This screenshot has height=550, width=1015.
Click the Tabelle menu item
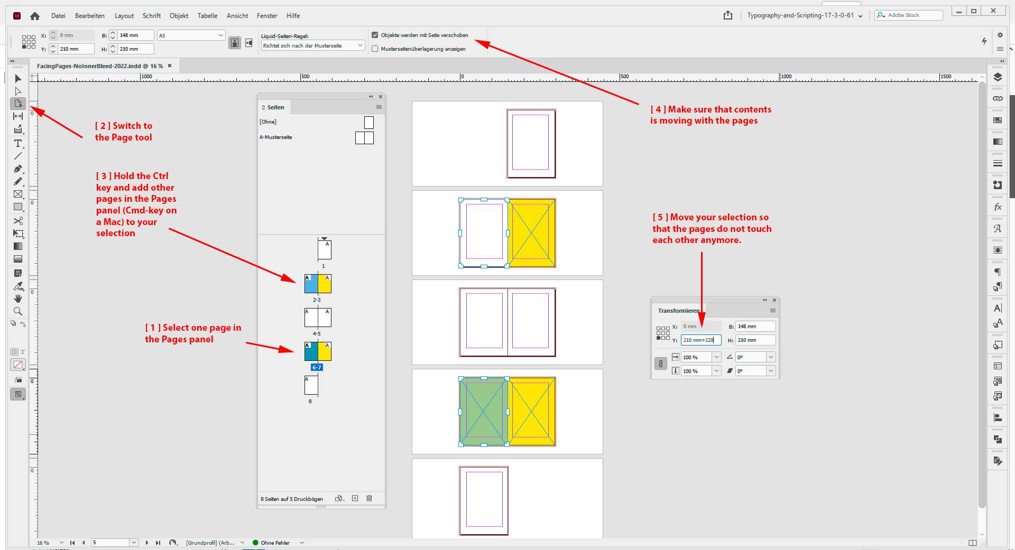pyautogui.click(x=207, y=16)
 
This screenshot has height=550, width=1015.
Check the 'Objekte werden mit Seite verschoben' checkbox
pyautogui.click(x=375, y=35)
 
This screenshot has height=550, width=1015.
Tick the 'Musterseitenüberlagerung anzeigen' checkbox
pyautogui.click(x=375, y=49)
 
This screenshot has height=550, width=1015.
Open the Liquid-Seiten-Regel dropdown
pyautogui.click(x=313, y=46)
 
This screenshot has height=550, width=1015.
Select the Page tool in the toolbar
pyautogui.click(x=18, y=104)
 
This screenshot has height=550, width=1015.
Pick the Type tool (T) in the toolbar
pyautogui.click(x=18, y=144)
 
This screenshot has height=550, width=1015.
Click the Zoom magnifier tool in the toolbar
pyautogui.click(x=18, y=311)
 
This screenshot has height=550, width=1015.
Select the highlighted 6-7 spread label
pyautogui.click(x=317, y=367)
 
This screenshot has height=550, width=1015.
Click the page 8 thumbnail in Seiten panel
pyautogui.click(x=311, y=386)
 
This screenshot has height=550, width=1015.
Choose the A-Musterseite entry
pyautogui.click(x=276, y=137)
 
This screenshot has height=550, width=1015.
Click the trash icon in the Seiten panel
pyautogui.click(x=370, y=498)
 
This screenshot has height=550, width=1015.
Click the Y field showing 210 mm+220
pyautogui.click(x=700, y=340)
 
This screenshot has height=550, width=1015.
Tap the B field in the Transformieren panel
pyautogui.click(x=755, y=327)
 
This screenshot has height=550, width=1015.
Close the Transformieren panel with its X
pyautogui.click(x=774, y=300)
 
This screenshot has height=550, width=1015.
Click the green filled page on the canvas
pyautogui.click(x=483, y=412)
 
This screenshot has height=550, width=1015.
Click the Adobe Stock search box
pyautogui.click(x=912, y=15)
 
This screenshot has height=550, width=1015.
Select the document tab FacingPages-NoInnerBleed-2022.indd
pyautogui.click(x=99, y=66)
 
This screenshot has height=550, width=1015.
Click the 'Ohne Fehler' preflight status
pyautogui.click(x=275, y=543)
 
